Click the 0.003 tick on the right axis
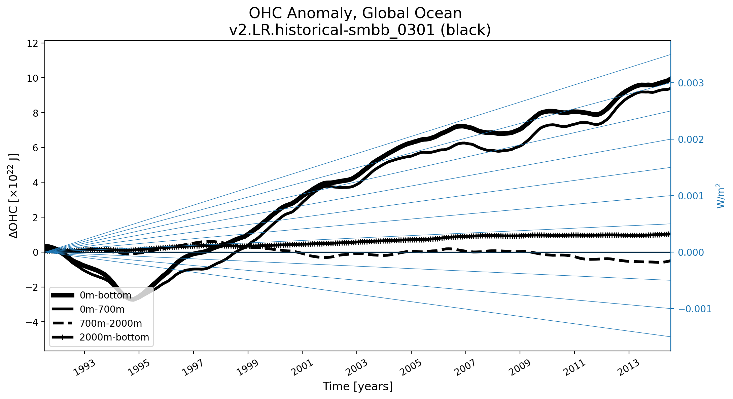[691, 83]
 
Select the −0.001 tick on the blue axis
[695, 309]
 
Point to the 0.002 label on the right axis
[691, 139]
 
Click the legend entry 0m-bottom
[105, 295]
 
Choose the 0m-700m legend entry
[102, 309]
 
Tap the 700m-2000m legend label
[111, 323]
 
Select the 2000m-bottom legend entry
[114, 337]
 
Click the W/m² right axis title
[720, 196]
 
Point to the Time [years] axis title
[357, 387]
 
